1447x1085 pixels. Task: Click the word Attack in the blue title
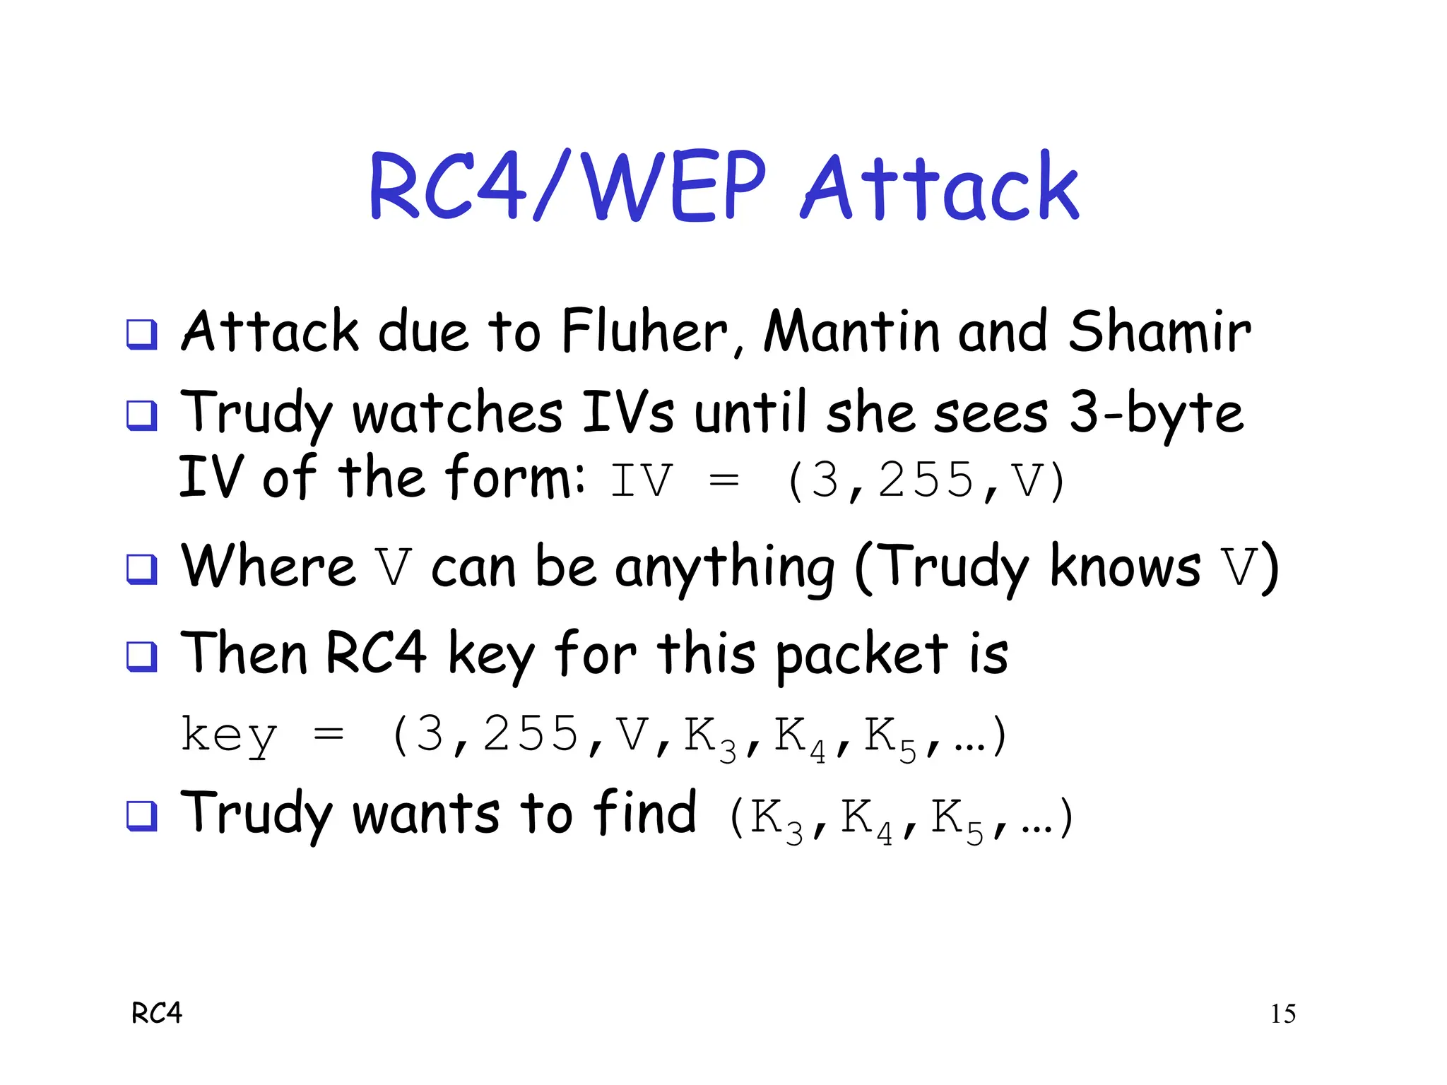click(x=940, y=187)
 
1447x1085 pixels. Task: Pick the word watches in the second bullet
click(x=457, y=413)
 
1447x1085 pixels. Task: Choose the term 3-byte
click(x=1156, y=414)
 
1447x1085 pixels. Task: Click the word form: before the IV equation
click(x=516, y=478)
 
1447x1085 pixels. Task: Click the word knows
click(x=1125, y=567)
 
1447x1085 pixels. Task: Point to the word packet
click(x=862, y=654)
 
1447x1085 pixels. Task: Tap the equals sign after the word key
click(x=329, y=735)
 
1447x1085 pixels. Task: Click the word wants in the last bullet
click(x=425, y=814)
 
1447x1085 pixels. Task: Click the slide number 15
click(x=1283, y=1014)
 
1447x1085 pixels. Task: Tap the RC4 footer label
click(x=157, y=1014)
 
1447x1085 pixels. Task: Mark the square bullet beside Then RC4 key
click(x=141, y=656)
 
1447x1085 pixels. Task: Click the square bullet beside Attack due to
click(x=141, y=334)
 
